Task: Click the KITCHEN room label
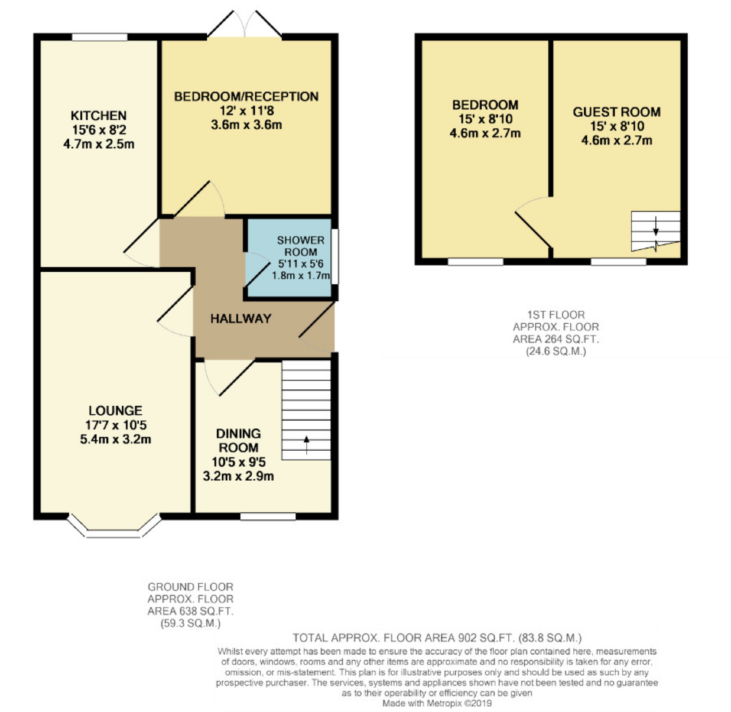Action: click(x=99, y=115)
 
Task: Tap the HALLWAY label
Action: click(x=240, y=319)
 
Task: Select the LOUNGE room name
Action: click(x=115, y=411)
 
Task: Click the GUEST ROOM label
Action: click(x=617, y=112)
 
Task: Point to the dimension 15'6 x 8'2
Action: click(x=99, y=130)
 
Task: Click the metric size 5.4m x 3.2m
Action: click(x=115, y=439)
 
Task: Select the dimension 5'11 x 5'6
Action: click(x=300, y=264)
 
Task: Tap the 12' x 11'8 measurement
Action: click(x=247, y=111)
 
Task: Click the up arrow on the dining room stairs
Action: click(x=306, y=445)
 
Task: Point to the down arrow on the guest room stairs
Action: click(x=656, y=226)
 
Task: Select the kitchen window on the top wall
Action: click(x=100, y=37)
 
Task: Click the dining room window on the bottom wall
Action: click(x=268, y=516)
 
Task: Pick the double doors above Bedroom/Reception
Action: click(x=244, y=24)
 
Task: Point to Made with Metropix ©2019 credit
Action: click(x=437, y=703)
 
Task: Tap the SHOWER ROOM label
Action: click(x=300, y=246)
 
